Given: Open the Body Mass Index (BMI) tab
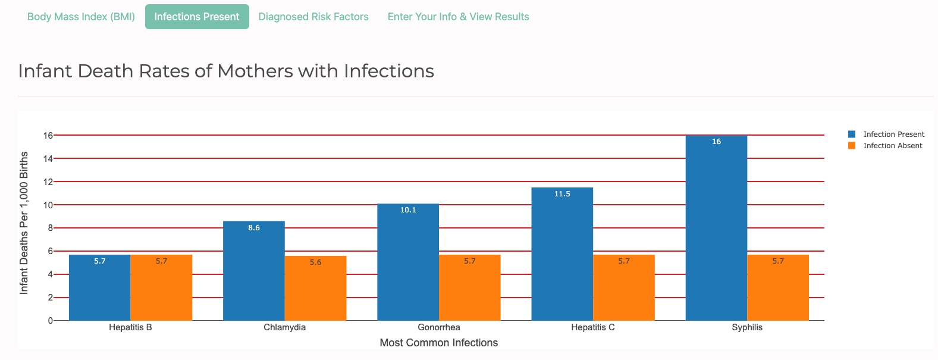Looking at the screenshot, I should click(81, 17).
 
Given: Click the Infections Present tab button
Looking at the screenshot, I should click(197, 17).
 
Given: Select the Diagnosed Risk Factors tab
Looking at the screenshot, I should click(313, 17).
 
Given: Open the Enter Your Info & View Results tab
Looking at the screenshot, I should click(458, 17).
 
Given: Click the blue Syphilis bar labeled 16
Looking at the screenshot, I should click(716, 226).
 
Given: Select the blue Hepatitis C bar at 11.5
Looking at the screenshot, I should click(562, 253).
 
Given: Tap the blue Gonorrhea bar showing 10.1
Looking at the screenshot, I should click(408, 262).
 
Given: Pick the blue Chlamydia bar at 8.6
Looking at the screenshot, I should click(254, 271).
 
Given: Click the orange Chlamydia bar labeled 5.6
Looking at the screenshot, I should click(315, 289).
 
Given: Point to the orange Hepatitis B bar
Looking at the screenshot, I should click(161, 288).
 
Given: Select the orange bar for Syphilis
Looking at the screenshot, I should click(778, 288).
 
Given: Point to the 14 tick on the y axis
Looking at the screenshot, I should click(48, 158).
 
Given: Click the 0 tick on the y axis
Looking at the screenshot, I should click(50, 321).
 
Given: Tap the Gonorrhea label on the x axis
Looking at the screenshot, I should click(439, 327).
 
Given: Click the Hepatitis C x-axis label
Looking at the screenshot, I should click(593, 327).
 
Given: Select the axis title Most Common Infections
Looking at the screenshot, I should click(439, 343).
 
